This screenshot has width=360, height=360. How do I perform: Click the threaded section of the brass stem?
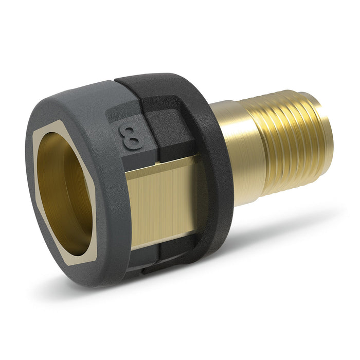(x=288, y=149)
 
